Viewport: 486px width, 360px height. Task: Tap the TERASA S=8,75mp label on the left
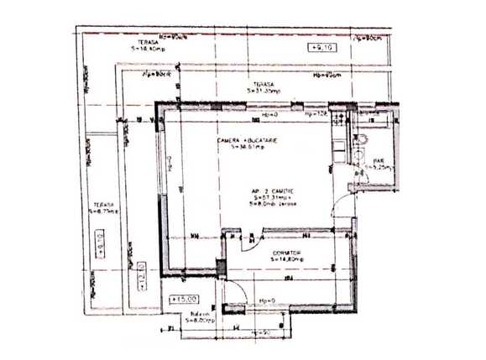coord(103,206)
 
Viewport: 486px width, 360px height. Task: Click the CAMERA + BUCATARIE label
coord(248,143)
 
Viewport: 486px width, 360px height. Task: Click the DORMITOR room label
coord(287,255)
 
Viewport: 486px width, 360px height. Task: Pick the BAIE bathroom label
coord(379,164)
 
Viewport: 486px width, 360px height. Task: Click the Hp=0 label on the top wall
coord(269,114)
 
